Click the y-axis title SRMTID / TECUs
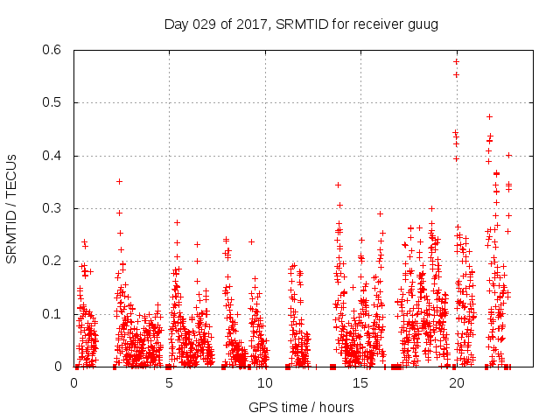[12, 208]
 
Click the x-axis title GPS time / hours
[301, 407]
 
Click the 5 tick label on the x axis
[170, 382]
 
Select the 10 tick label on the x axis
[265, 382]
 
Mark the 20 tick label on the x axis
[456, 382]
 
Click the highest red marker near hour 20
[456, 61]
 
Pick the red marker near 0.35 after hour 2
[119, 181]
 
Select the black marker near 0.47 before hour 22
[489, 116]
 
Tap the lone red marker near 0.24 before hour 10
[251, 241]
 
